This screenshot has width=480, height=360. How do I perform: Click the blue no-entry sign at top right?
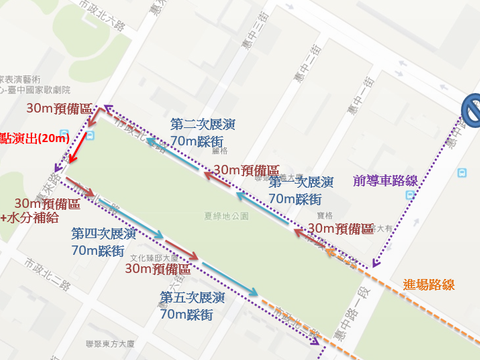(469, 113)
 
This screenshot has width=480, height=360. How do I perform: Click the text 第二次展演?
(203, 125)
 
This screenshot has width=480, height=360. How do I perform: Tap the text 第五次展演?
(192, 298)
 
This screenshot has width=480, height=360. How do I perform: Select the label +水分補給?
(30, 217)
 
